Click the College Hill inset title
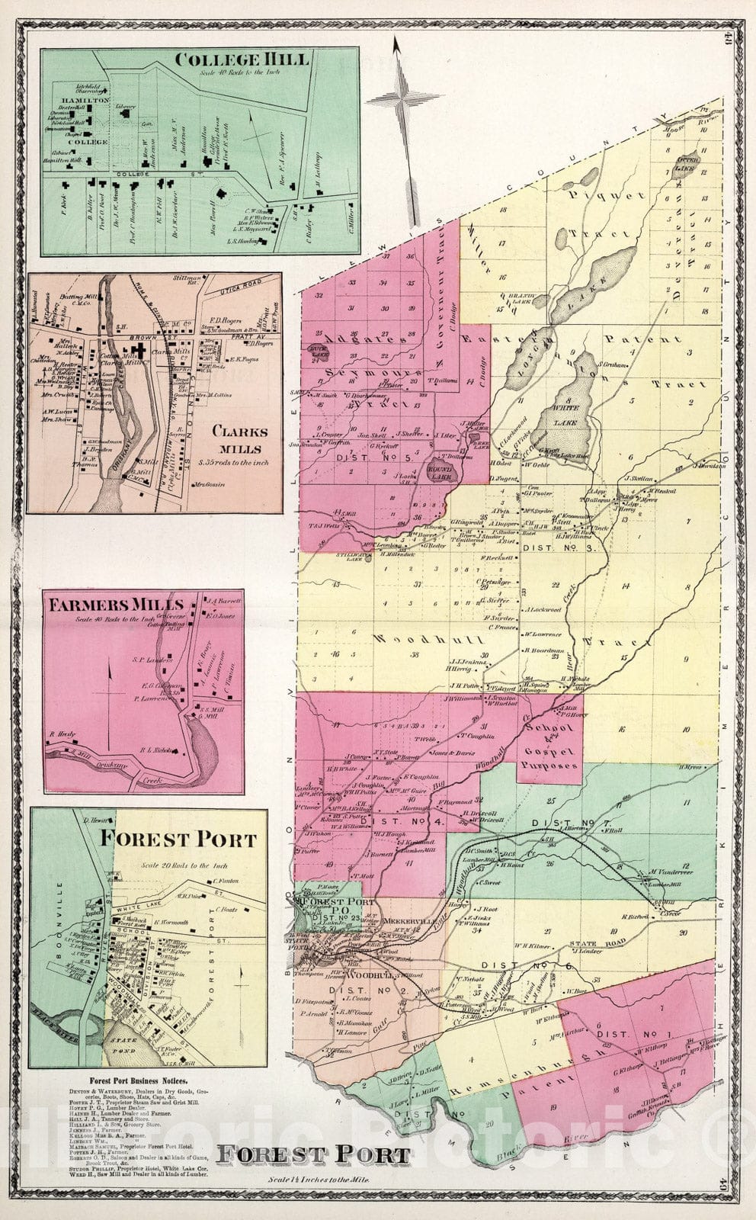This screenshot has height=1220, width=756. click(x=241, y=59)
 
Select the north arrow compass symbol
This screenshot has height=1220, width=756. click(x=402, y=107)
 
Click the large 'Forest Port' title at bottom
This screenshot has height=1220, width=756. click(x=312, y=1154)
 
